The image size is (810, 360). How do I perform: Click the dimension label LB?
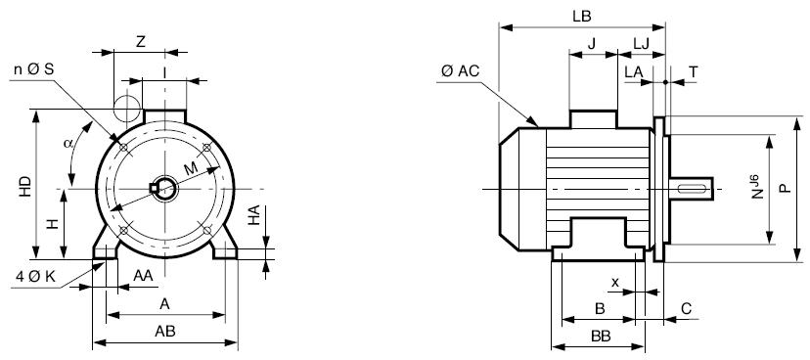tap(582, 16)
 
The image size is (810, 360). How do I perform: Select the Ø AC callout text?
tap(461, 71)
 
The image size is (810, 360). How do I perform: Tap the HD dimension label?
tap(25, 187)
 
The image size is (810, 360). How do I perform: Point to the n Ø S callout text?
tap(33, 69)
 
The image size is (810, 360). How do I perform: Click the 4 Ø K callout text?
tap(35, 276)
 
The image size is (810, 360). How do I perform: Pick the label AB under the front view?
tap(164, 332)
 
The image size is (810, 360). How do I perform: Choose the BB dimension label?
tap(601, 337)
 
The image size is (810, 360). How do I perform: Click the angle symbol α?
tap(68, 143)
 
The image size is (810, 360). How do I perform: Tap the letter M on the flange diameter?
tap(191, 168)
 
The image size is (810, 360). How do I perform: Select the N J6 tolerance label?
tap(756, 187)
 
